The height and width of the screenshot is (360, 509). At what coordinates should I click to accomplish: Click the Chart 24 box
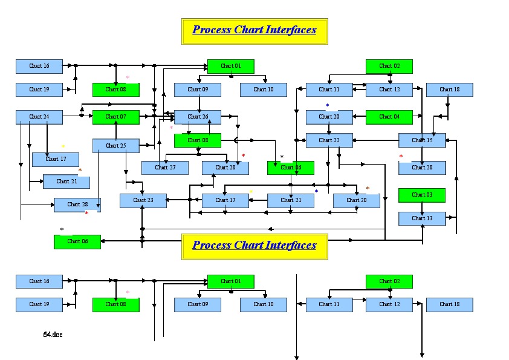[39, 117]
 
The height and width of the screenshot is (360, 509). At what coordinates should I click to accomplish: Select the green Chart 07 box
[115, 117]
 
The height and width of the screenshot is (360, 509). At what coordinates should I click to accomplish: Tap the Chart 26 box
[198, 117]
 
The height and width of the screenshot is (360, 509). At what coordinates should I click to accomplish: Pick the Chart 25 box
[115, 145]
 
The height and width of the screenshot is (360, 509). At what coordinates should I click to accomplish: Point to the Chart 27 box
[164, 168]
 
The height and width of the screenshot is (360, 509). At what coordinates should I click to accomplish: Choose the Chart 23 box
[143, 200]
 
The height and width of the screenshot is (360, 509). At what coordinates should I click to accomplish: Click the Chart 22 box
[329, 140]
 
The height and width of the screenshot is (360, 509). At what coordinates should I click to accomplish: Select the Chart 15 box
[422, 140]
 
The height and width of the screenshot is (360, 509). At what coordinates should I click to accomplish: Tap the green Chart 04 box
[389, 117]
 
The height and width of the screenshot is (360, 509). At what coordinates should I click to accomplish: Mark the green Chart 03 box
[421, 195]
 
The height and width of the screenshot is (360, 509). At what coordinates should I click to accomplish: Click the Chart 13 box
[422, 218]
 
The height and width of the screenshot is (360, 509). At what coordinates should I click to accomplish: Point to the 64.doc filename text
[53, 334]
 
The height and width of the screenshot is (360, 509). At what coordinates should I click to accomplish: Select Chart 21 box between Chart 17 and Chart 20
[290, 200]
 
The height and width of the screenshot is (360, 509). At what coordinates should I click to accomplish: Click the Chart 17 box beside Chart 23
[225, 200]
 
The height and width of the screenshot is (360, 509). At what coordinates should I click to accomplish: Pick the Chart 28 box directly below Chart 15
[422, 168]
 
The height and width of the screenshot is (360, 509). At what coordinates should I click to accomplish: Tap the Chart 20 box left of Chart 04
[329, 117]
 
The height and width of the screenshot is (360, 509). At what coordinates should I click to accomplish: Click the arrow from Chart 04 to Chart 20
[359, 117]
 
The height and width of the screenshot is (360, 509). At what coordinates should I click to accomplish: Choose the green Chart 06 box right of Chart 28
[290, 168]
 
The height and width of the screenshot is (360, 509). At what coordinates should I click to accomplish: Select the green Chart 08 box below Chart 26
[198, 140]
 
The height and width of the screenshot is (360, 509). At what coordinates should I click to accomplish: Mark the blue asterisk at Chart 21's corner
[316, 191]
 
